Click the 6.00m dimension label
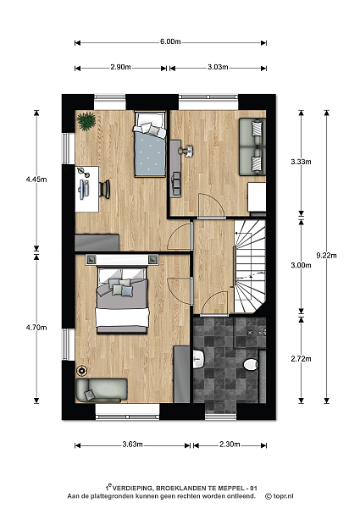pyautogui.click(x=170, y=41)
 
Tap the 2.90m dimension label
pyautogui.click(x=120, y=67)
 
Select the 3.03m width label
pyautogui.click(x=218, y=67)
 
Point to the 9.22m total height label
pyautogui.click(x=326, y=256)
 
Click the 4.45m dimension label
pyautogui.click(x=36, y=179)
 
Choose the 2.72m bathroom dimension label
pyautogui.click(x=301, y=359)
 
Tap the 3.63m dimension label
pyautogui.click(x=132, y=444)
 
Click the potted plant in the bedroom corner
pyautogui.click(x=86, y=121)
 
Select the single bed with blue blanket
pyautogui.click(x=150, y=144)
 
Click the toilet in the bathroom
pyautogui.click(x=251, y=364)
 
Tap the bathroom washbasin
pyautogui.click(x=198, y=359)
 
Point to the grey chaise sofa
pyautogui.click(x=101, y=390)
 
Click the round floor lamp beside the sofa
pyautogui.click(x=81, y=370)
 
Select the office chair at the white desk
pyautogui.click(x=105, y=190)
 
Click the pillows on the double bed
pyautogui.click(x=122, y=287)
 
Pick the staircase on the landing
pyautogui.click(x=250, y=267)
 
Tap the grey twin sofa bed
pyautogui.click(x=252, y=146)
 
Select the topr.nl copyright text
pyautogui.click(x=280, y=496)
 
